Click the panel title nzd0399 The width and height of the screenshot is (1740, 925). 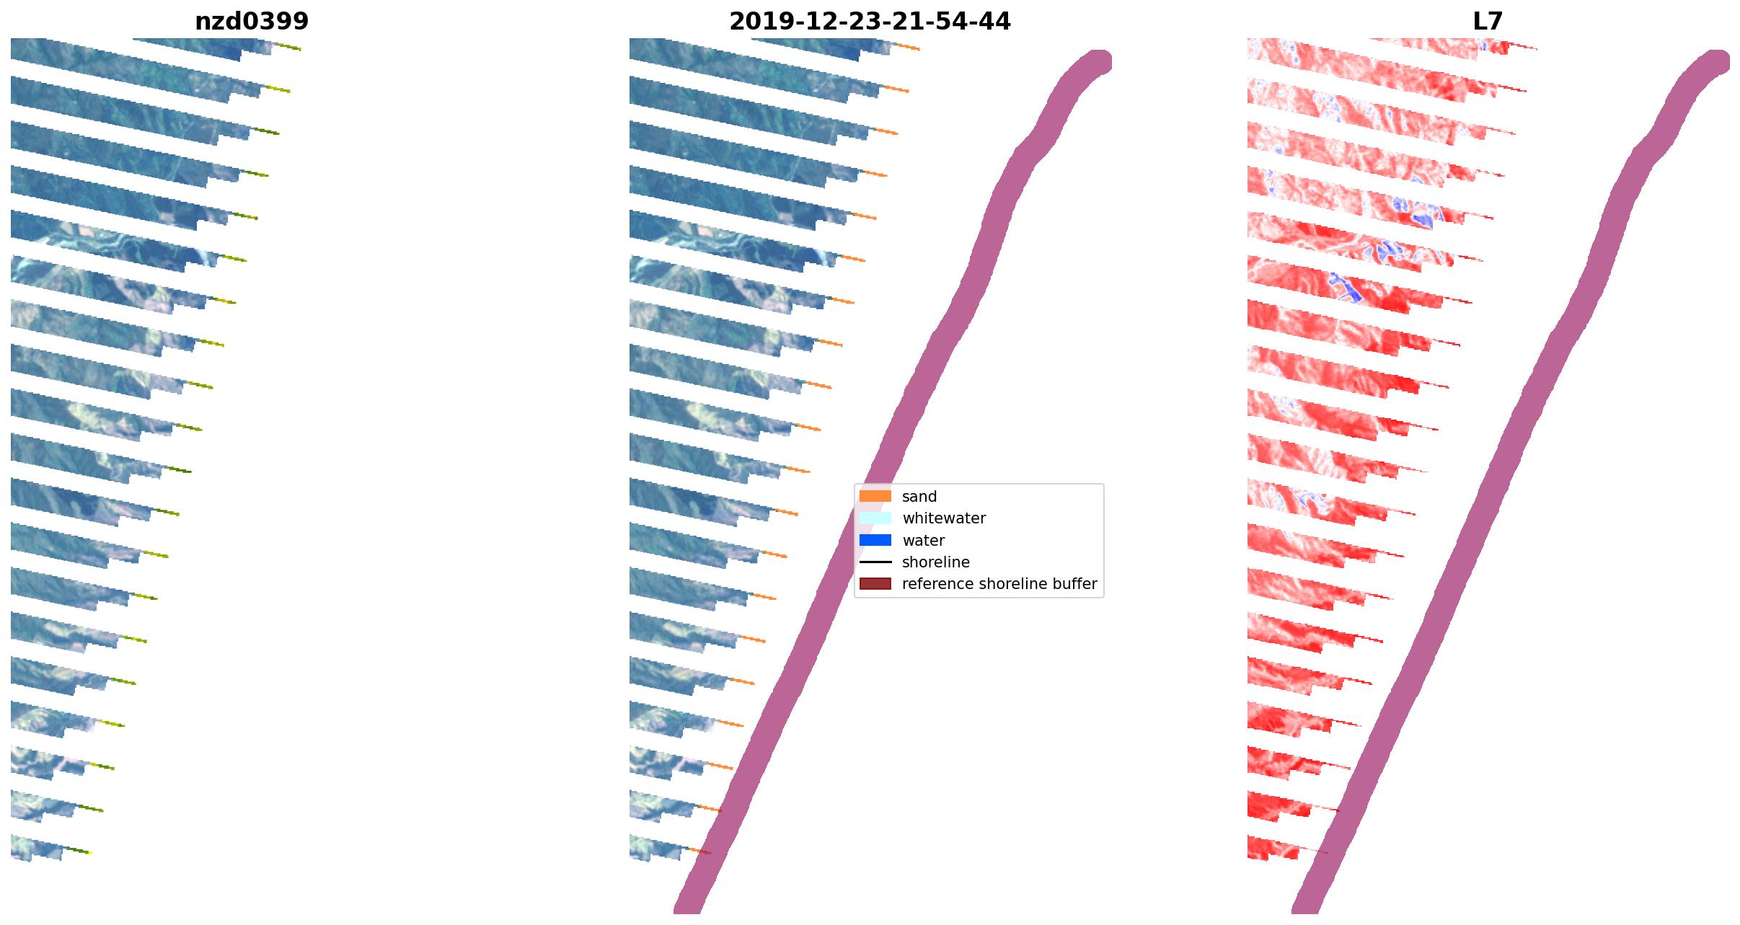click(x=252, y=22)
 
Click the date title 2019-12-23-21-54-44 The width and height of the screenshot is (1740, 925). click(x=870, y=22)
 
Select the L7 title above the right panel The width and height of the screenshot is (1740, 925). click(x=1488, y=22)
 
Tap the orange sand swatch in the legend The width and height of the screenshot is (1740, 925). click(x=875, y=496)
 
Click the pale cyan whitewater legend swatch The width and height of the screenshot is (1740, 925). click(x=875, y=518)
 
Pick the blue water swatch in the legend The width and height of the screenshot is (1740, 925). click(x=875, y=540)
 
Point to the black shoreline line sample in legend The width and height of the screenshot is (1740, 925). click(x=875, y=562)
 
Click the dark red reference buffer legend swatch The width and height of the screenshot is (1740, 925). click(x=875, y=583)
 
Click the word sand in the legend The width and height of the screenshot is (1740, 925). click(x=919, y=497)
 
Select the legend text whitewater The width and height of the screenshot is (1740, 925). click(x=944, y=518)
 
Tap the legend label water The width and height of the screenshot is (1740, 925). click(x=923, y=541)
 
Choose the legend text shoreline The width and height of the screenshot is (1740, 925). click(x=936, y=562)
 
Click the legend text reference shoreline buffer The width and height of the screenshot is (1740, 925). click(x=999, y=584)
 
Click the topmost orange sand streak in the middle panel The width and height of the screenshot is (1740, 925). click(x=908, y=48)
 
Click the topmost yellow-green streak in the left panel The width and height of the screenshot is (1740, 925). click(x=289, y=48)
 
